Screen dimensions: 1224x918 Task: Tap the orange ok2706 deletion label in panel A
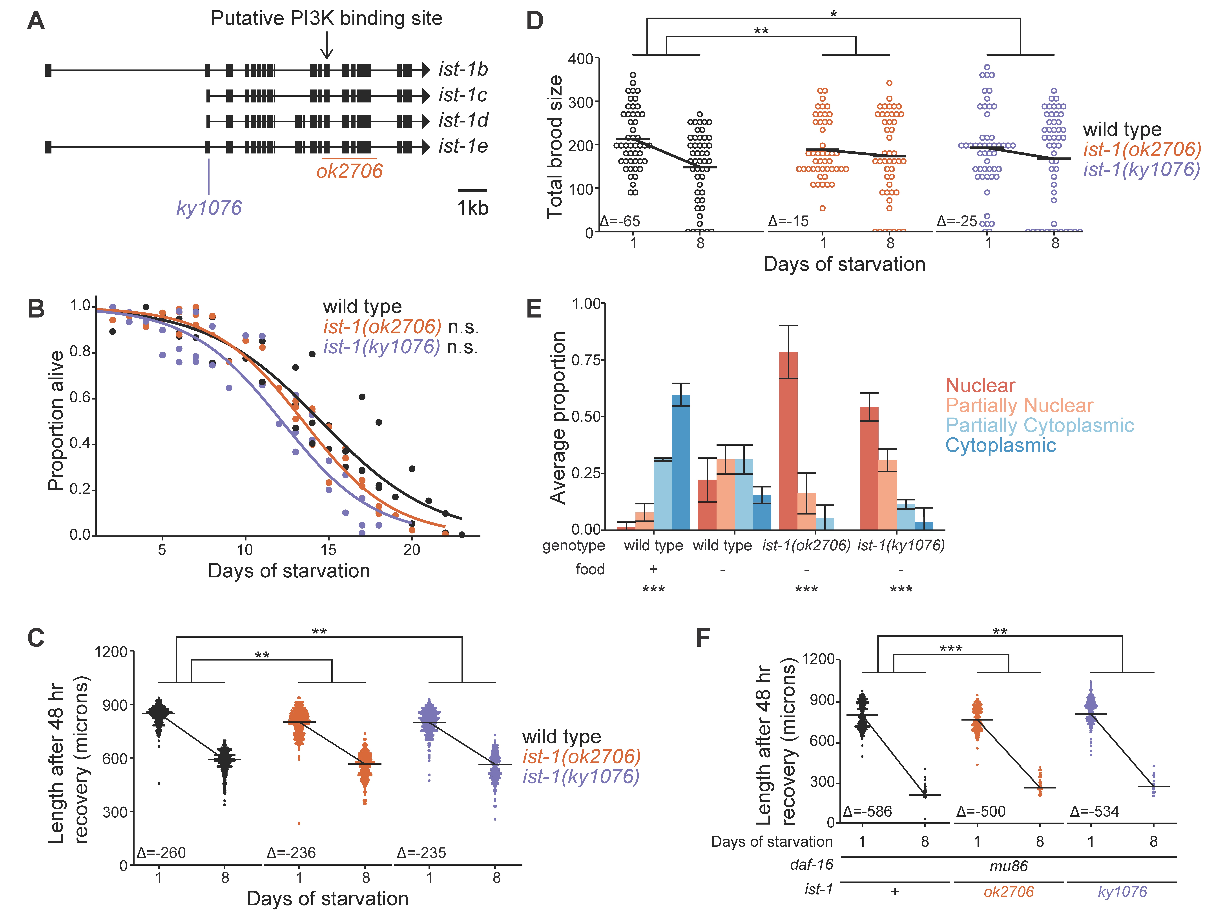click(x=349, y=171)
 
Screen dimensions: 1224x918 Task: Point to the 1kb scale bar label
click(x=472, y=208)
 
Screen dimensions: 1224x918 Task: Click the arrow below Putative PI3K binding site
click(x=327, y=45)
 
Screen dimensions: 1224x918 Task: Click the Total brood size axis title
click(x=555, y=147)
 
